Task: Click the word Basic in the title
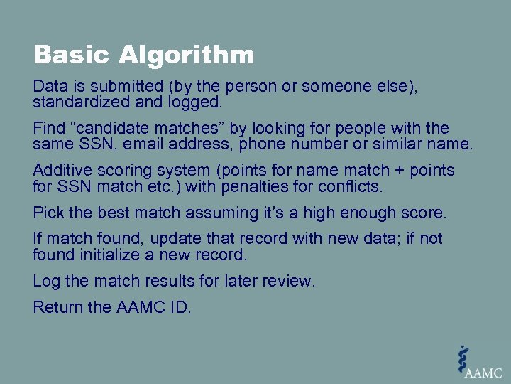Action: (71, 55)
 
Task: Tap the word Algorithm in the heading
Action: (186, 55)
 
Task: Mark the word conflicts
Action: (351, 187)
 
